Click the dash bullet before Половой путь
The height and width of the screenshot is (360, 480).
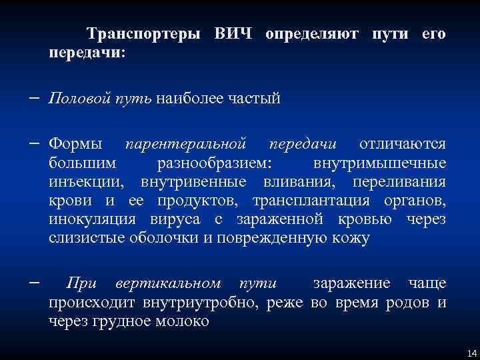coord(33,99)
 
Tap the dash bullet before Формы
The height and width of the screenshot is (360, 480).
coord(33,143)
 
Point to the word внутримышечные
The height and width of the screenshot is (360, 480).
coord(379,163)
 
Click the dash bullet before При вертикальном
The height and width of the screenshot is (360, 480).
coord(33,282)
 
